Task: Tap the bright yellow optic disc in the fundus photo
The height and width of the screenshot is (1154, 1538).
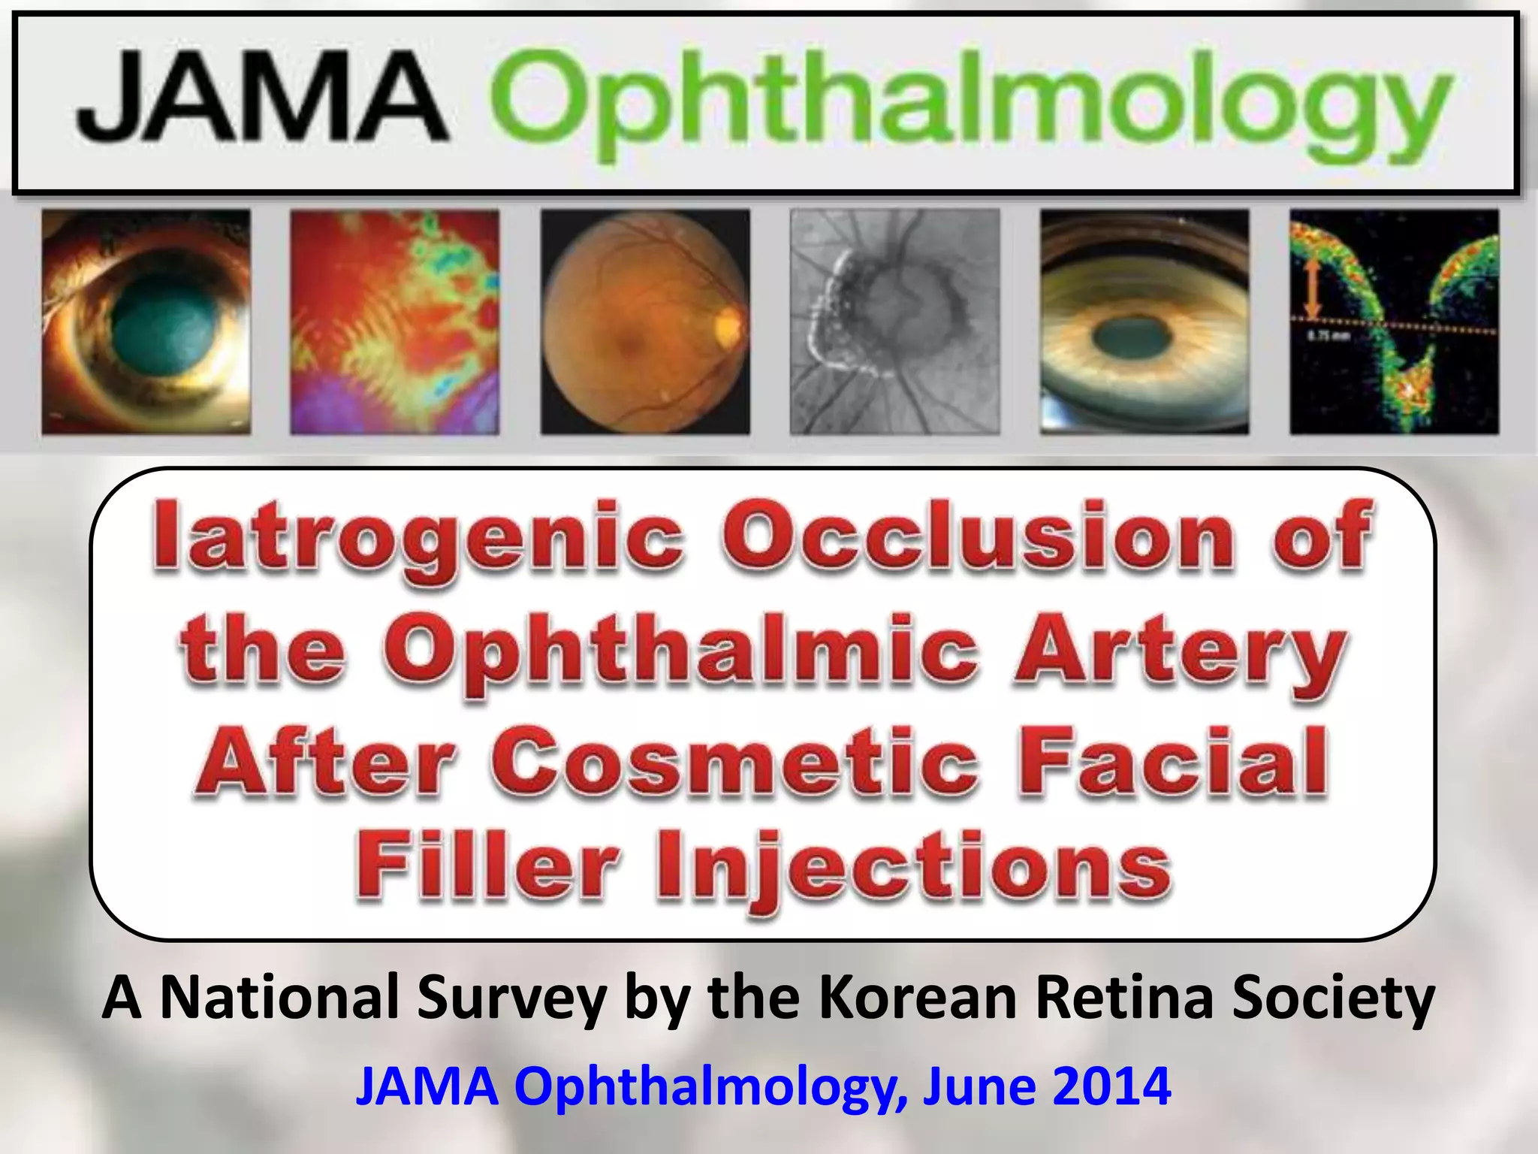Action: (727, 326)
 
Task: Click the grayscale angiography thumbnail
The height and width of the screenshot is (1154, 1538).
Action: (894, 322)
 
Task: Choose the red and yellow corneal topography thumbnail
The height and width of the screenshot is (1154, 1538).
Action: (394, 322)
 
